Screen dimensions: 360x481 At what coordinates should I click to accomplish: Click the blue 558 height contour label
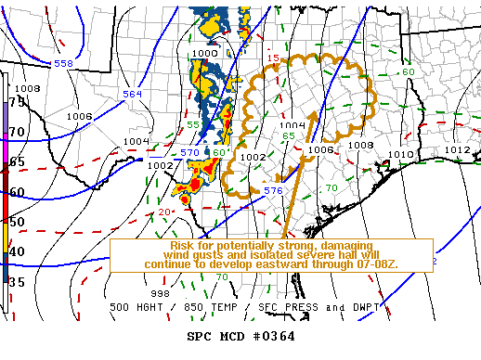tap(63, 63)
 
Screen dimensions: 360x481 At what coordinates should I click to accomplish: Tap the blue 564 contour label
tap(133, 94)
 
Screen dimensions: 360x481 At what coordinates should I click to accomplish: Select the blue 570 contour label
tap(189, 152)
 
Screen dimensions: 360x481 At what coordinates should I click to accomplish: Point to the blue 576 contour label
tap(273, 190)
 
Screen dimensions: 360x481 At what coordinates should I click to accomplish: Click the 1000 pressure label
tap(203, 54)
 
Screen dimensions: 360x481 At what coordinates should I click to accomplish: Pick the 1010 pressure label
tap(399, 154)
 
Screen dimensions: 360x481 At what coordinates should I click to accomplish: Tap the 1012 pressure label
tap(457, 149)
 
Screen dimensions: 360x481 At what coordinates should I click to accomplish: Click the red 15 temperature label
tap(273, 59)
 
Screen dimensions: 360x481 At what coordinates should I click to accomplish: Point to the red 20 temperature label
tap(163, 212)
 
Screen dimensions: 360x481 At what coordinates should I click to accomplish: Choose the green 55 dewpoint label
tap(193, 124)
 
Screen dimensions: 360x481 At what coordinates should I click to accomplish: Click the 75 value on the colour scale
tap(17, 102)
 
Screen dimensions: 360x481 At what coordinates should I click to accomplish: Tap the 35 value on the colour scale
tap(17, 279)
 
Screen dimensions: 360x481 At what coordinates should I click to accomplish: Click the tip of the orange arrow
tap(313, 112)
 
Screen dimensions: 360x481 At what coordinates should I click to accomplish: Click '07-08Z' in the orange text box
tap(373, 264)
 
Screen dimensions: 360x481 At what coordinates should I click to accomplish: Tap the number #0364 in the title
tap(274, 336)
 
